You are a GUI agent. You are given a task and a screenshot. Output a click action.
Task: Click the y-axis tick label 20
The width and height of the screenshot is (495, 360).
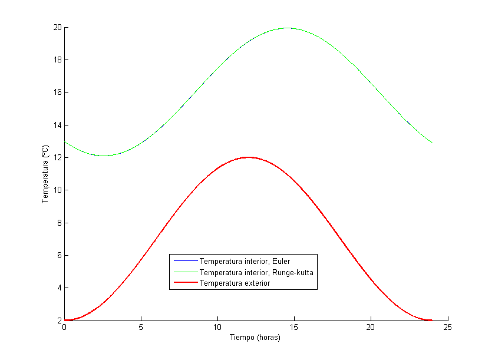[57, 27]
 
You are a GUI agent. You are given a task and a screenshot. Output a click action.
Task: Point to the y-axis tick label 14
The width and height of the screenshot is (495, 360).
[57, 125]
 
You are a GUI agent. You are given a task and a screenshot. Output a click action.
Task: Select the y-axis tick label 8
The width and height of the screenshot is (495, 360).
[59, 223]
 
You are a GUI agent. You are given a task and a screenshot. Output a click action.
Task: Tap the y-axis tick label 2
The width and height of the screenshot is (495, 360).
[59, 321]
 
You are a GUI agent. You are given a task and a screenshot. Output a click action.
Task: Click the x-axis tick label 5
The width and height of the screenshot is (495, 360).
[141, 328]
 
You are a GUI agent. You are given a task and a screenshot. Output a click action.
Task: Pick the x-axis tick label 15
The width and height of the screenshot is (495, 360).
[294, 328]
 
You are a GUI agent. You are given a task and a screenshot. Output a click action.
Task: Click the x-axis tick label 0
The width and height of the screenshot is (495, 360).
[64, 328]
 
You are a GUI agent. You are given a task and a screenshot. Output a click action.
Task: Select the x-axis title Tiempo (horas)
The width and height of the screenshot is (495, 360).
[255, 338]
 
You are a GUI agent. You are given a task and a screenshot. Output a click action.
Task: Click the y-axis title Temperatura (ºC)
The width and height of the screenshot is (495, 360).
[45, 174]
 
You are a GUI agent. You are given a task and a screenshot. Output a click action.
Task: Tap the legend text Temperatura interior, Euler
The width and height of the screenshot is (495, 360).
[245, 261]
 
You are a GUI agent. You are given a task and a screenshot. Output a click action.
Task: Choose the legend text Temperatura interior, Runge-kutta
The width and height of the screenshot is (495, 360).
[256, 272]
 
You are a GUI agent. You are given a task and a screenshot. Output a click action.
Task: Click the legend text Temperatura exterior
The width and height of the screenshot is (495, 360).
[235, 283]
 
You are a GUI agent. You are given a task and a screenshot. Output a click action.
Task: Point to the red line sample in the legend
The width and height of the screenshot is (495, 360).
[184, 283]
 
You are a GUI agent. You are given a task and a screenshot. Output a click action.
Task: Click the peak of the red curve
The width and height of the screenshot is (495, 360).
[248, 157]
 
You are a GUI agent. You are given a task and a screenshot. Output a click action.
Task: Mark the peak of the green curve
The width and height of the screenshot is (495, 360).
[287, 28]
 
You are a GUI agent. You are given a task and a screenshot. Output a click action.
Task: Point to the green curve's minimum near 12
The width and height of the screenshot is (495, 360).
[104, 156]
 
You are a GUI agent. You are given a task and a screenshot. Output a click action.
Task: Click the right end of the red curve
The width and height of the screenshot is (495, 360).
[432, 321]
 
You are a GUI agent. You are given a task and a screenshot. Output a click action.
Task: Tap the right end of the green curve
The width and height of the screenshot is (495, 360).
[432, 143]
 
